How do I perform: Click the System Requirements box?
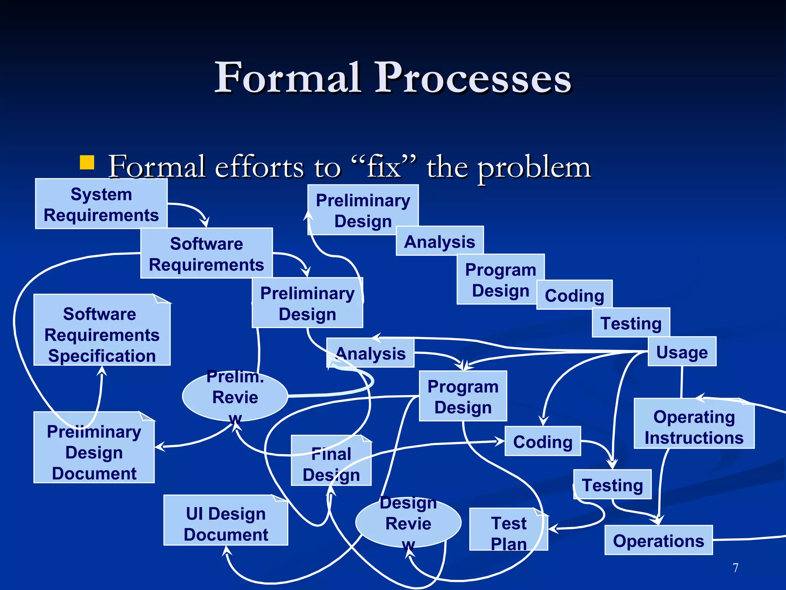pos(101,204)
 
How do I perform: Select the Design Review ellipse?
pos(408,523)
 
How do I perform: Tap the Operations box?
pos(659,540)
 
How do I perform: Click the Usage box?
pos(682,351)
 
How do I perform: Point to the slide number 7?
pos(735,567)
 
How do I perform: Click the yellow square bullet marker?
pos(87,162)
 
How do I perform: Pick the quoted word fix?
pos(384,167)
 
